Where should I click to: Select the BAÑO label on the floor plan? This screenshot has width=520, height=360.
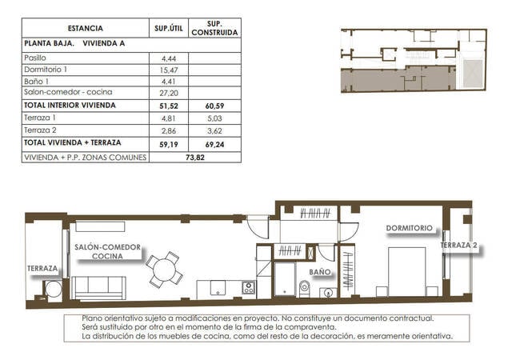(x=320, y=272)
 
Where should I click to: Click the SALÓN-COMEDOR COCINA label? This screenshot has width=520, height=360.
(x=107, y=252)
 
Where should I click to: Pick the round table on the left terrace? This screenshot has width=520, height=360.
(x=53, y=288)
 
